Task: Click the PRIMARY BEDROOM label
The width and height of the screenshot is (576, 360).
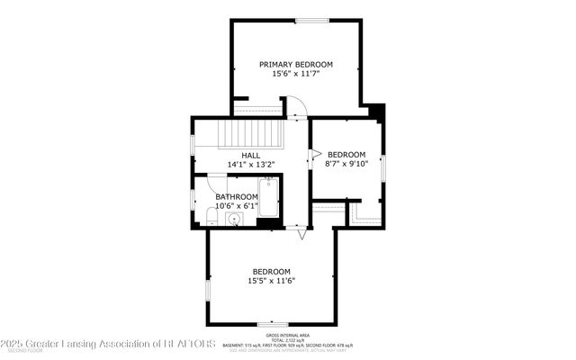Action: point(296,64)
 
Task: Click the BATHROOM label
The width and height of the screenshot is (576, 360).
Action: point(236,196)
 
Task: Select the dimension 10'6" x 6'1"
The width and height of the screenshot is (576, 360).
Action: point(236,205)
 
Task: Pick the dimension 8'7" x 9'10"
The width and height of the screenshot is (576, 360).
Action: point(346,164)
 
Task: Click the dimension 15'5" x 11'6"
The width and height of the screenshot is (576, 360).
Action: point(271,281)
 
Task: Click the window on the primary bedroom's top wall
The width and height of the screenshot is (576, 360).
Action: point(311,20)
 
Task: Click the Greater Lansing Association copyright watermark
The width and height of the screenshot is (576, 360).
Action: point(108,343)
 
